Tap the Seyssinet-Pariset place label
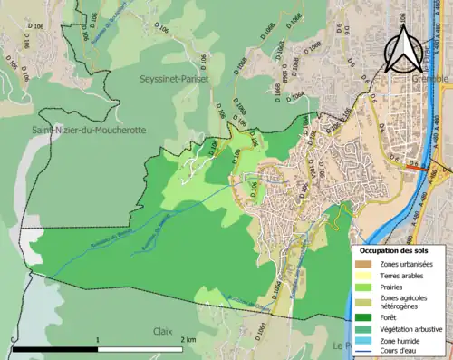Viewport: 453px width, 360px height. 173,79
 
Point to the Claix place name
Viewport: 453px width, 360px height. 163,331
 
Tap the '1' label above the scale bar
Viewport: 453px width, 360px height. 98,339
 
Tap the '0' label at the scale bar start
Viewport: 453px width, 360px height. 13,339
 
